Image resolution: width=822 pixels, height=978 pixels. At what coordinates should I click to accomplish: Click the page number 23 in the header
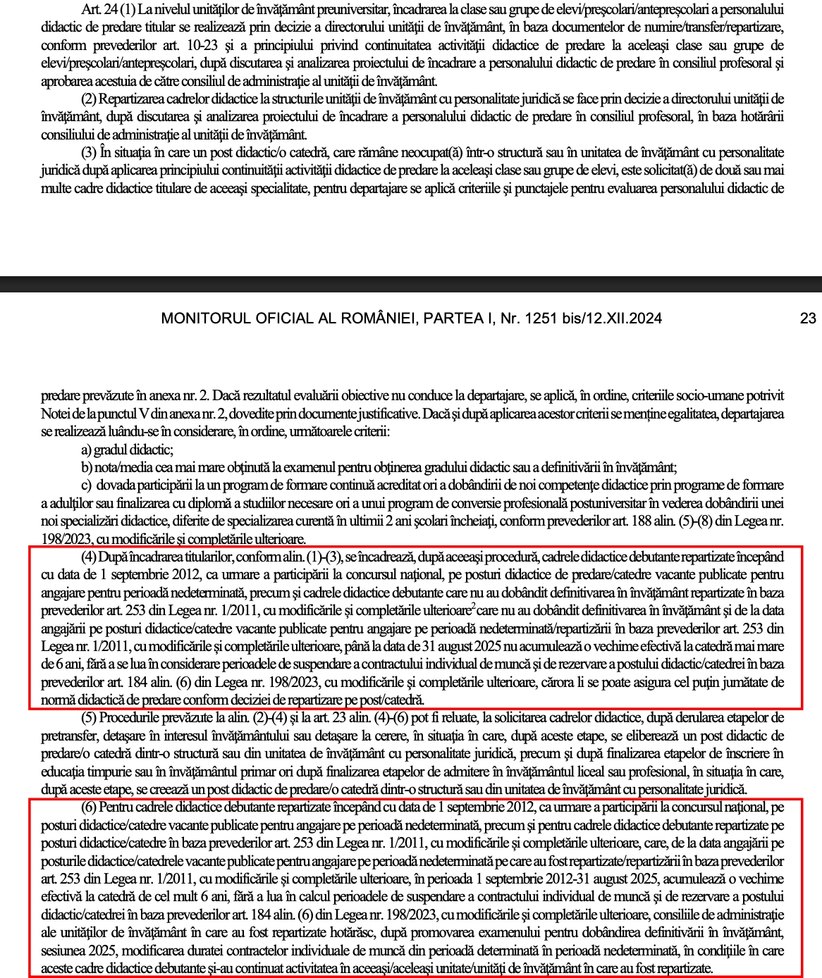pos(808,318)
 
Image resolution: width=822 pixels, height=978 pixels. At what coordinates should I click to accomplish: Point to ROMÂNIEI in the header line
pos(378,318)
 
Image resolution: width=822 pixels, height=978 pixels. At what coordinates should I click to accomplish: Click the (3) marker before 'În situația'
pos(89,152)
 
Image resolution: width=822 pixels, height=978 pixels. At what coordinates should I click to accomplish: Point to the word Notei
pos(56,414)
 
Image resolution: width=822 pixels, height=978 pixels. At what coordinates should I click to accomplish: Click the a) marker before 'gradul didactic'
pos(86,450)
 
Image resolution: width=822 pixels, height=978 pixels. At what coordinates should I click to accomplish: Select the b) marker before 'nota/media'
pos(87,467)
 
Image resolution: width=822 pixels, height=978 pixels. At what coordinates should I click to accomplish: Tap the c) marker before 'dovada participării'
pos(86,485)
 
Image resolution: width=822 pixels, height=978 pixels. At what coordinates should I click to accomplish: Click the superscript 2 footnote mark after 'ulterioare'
pos(473,606)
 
